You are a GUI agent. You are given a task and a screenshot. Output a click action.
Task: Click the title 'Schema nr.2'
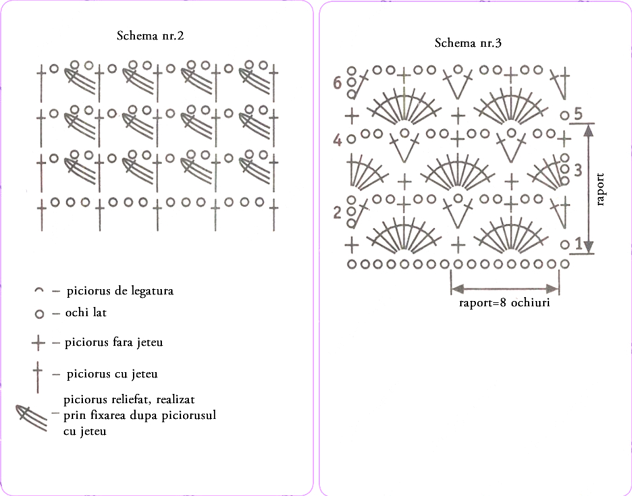click(150, 36)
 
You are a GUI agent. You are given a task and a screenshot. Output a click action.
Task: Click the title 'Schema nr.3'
click(468, 43)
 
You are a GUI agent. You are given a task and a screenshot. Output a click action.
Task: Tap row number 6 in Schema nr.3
click(337, 84)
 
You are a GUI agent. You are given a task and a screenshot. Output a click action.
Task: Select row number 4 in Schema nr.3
click(337, 141)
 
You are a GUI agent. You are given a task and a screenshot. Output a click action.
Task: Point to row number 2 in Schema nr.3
click(337, 213)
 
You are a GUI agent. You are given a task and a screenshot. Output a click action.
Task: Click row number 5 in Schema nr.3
click(578, 115)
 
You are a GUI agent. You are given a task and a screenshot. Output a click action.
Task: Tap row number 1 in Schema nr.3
click(579, 244)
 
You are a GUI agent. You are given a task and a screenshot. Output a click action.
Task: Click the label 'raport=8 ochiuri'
click(505, 302)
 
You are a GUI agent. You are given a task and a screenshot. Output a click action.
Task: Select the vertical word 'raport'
click(600, 190)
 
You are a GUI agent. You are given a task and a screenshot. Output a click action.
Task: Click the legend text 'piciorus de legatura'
click(120, 290)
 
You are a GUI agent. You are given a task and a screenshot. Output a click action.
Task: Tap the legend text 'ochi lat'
click(86, 312)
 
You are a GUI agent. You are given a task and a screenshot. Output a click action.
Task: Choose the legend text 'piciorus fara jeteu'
click(114, 343)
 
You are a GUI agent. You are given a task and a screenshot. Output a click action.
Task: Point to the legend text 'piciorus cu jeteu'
click(112, 374)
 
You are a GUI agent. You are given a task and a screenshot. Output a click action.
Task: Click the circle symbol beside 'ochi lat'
click(39, 314)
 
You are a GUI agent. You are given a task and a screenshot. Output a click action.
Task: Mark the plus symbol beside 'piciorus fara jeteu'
click(38, 344)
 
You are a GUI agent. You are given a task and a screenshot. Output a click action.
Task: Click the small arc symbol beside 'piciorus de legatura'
click(39, 290)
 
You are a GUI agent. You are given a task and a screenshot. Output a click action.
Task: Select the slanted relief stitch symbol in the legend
click(31, 418)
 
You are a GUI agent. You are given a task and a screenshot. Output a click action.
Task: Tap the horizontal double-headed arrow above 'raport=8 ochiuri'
click(505, 289)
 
